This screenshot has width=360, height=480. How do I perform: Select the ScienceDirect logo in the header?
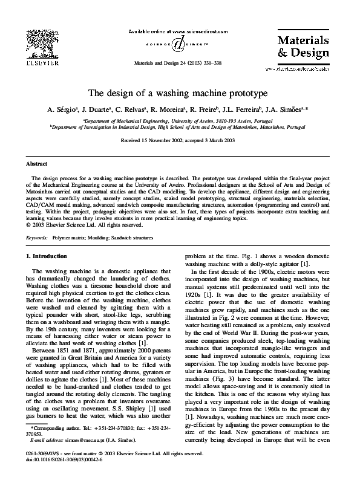[x=178, y=44]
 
